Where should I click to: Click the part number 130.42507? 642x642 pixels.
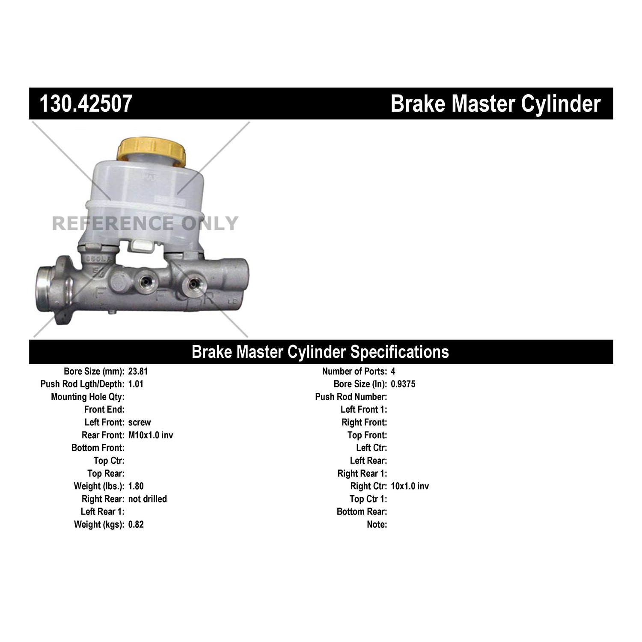[86, 104]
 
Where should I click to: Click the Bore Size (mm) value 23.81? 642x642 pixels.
[138, 372]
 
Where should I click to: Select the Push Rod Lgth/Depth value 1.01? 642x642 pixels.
[136, 384]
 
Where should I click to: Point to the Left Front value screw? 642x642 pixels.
[140, 422]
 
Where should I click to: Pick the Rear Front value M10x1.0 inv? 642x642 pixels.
[151, 435]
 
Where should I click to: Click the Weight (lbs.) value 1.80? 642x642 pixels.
[136, 486]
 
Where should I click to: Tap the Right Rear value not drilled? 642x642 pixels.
[148, 499]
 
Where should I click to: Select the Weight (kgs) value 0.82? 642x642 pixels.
[136, 524]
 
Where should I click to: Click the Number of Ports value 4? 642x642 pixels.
[393, 372]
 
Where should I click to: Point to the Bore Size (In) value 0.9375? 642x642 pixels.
[403, 384]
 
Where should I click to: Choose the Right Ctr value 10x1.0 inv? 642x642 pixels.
[410, 486]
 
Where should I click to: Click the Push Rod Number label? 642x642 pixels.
[351, 397]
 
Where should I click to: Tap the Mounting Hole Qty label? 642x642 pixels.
[88, 397]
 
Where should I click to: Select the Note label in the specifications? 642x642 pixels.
[377, 524]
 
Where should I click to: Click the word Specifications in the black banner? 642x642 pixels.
[400, 352]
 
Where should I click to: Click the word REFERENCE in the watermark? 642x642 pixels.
[113, 223]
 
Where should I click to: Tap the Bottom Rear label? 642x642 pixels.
[362, 512]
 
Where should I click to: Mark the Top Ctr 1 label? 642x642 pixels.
[369, 499]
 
